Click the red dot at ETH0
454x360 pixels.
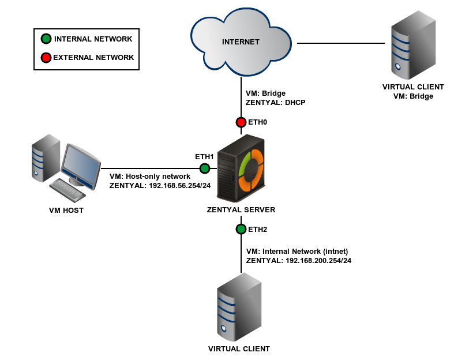241,122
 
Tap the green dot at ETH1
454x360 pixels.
204,168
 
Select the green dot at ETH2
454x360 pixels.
241,229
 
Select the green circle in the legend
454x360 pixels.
46,39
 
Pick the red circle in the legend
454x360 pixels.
46,58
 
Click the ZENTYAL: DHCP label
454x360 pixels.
275,102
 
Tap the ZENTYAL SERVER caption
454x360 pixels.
241,209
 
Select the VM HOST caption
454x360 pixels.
66,211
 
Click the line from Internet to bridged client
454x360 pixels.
340,43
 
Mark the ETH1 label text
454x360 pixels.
204,156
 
